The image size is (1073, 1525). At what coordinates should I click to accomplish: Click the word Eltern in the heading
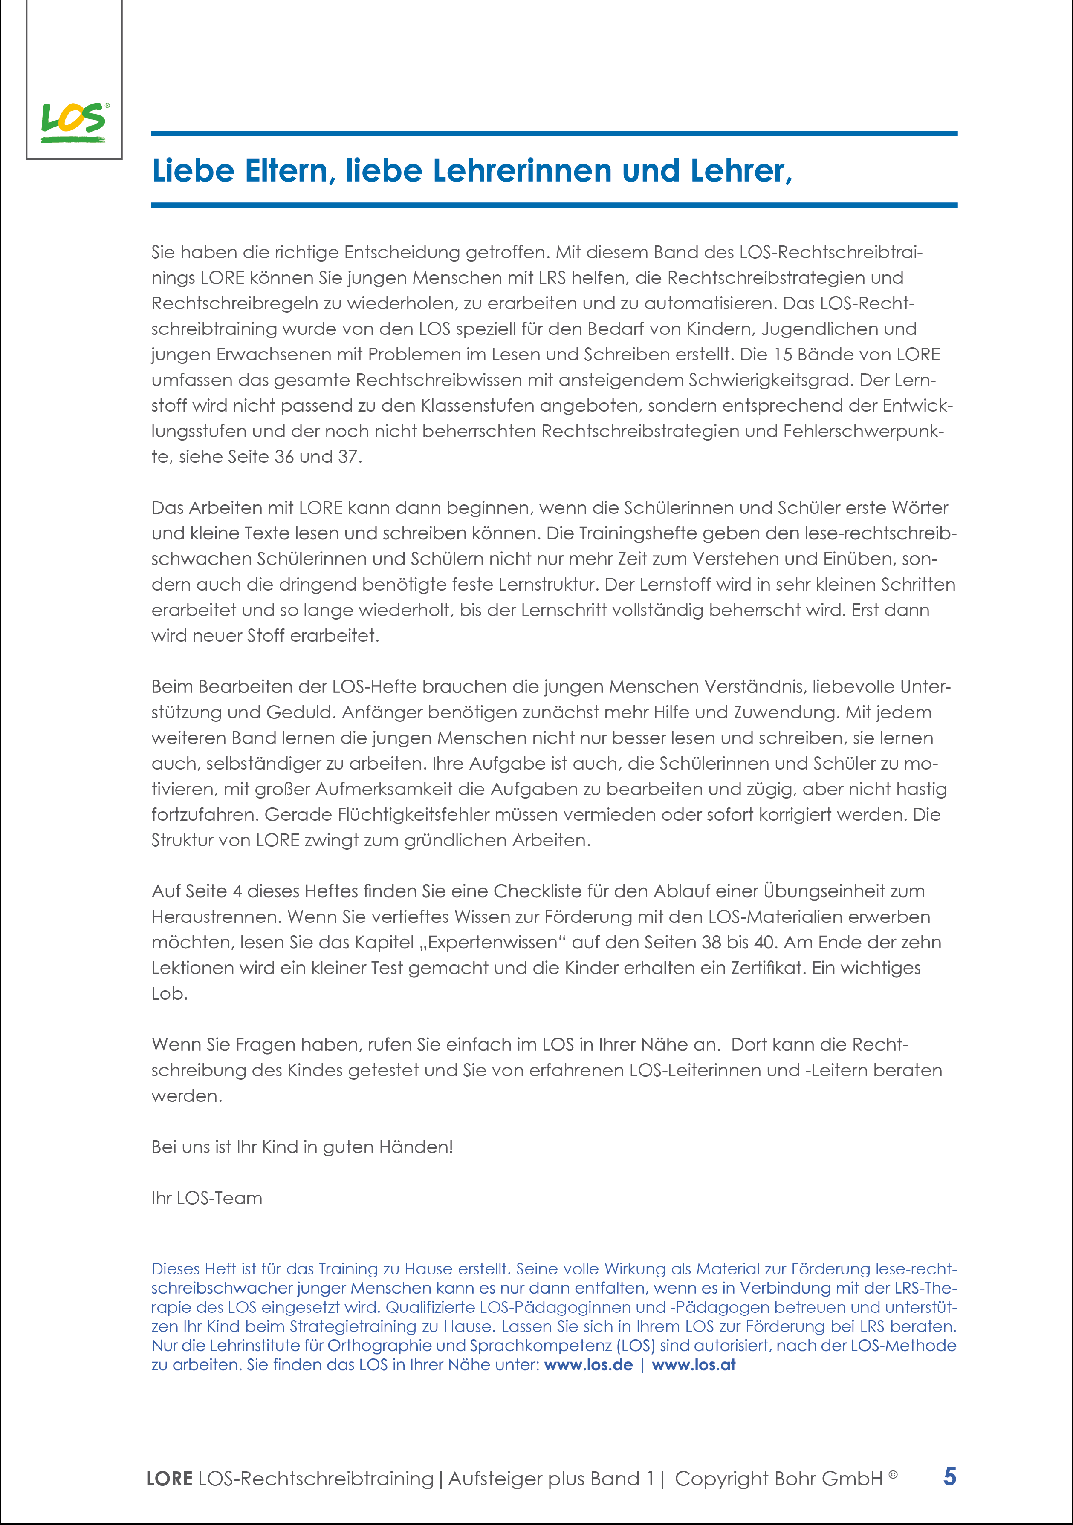click(286, 171)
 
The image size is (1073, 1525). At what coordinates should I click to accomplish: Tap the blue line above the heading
click(554, 133)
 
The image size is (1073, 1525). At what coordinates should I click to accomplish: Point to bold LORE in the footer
click(169, 1479)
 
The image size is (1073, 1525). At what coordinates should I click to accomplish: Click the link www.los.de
click(588, 1365)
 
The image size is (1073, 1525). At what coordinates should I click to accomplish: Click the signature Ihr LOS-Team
click(207, 1198)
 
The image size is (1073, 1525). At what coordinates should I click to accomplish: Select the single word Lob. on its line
click(169, 994)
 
